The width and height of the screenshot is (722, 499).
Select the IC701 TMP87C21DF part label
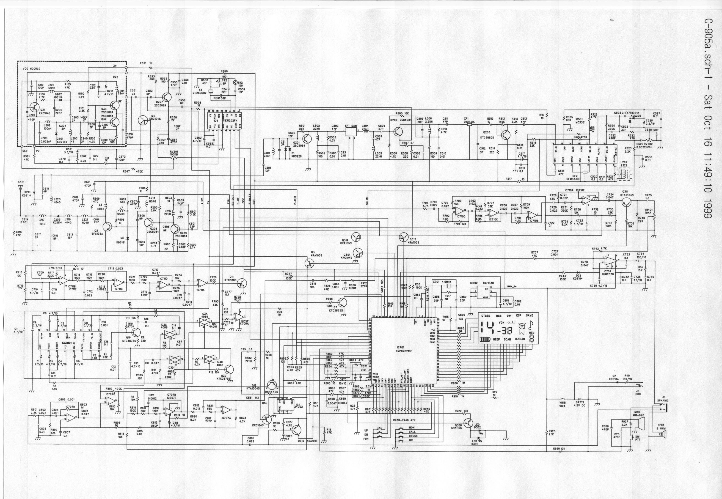click(401, 349)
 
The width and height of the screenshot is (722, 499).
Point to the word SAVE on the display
click(529, 315)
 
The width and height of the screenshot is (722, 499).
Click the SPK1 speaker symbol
click(663, 434)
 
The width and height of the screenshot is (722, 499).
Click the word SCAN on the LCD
click(507, 339)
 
